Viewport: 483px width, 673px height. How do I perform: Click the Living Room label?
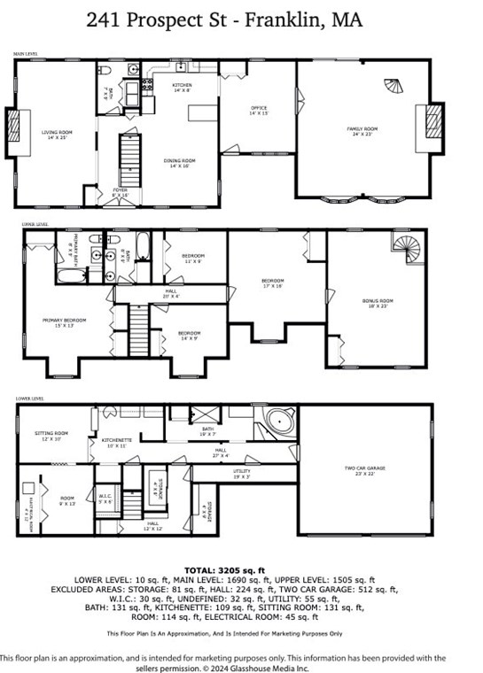coord(57,135)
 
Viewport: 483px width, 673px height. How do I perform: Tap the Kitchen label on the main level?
coord(182,87)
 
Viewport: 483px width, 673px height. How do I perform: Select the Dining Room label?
coord(180,163)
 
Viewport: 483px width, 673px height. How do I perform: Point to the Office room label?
coord(258,112)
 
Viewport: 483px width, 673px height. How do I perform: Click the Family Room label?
coord(361,131)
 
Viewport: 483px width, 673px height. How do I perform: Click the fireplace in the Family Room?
coord(432,123)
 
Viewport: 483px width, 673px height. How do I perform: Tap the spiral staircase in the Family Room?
coord(391,88)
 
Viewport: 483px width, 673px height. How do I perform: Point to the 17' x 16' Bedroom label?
coord(272,283)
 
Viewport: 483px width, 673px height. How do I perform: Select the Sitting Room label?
coord(51,435)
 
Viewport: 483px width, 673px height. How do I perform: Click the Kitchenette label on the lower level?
coord(116,442)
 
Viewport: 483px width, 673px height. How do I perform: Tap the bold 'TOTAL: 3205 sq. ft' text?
coord(241,570)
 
